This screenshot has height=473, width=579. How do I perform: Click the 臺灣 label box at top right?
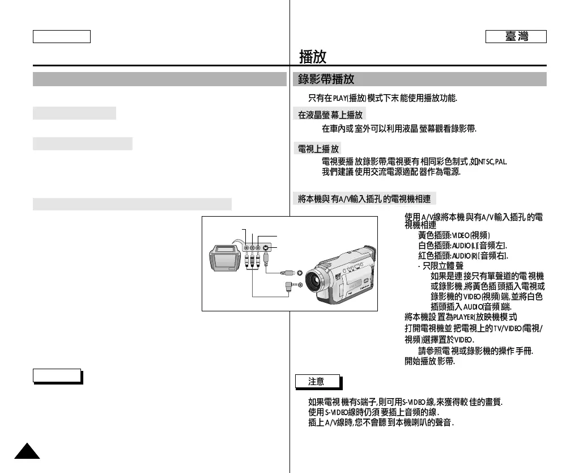click(x=516, y=37)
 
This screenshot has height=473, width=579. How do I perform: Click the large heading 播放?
click(x=313, y=57)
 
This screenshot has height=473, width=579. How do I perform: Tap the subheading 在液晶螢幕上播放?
click(x=331, y=115)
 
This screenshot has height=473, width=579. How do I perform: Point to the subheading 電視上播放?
click(x=318, y=149)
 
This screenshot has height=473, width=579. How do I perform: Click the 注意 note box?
click(x=317, y=382)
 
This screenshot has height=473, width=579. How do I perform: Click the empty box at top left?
click(x=62, y=37)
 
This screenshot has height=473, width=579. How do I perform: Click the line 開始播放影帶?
click(x=429, y=362)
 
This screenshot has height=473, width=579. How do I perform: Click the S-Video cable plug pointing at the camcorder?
click(x=288, y=273)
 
